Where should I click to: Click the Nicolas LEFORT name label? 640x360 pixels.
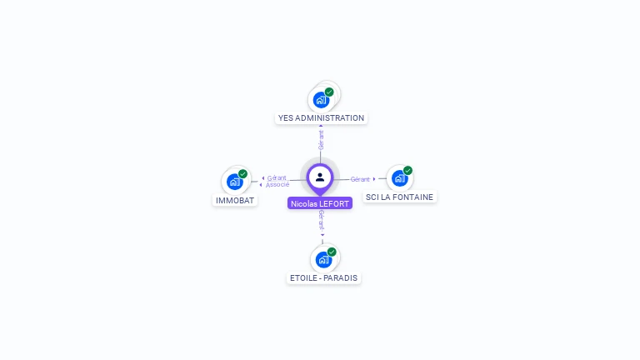tap(320, 202)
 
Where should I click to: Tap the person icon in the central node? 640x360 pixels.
tap(320, 177)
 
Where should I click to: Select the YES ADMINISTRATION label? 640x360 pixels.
tap(321, 118)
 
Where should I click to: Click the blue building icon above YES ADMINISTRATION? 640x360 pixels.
tap(321, 100)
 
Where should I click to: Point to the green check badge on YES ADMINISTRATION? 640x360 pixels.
tap(329, 92)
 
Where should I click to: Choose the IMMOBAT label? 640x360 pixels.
tap(235, 201)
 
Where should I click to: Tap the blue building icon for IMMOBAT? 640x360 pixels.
tap(234, 182)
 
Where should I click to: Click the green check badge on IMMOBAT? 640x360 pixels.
tap(242, 174)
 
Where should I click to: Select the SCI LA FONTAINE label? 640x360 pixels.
tap(400, 197)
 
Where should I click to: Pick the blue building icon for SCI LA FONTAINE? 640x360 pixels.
tap(399, 178)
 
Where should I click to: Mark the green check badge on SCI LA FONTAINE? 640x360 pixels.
tap(407, 170)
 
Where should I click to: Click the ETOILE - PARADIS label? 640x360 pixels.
tap(323, 278)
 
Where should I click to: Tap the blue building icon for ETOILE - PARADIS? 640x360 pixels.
tap(323, 259)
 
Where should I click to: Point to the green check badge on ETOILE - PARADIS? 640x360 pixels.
tap(332, 252)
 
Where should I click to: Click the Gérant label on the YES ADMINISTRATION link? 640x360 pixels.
tap(321, 139)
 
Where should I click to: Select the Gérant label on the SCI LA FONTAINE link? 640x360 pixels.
tap(360, 179)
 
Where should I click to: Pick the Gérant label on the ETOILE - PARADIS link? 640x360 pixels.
tap(322, 219)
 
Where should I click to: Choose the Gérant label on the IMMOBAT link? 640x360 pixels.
tap(277, 177)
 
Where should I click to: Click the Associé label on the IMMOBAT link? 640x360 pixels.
tap(277, 184)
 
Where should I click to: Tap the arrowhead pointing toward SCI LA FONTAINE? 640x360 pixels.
tap(374, 178)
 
